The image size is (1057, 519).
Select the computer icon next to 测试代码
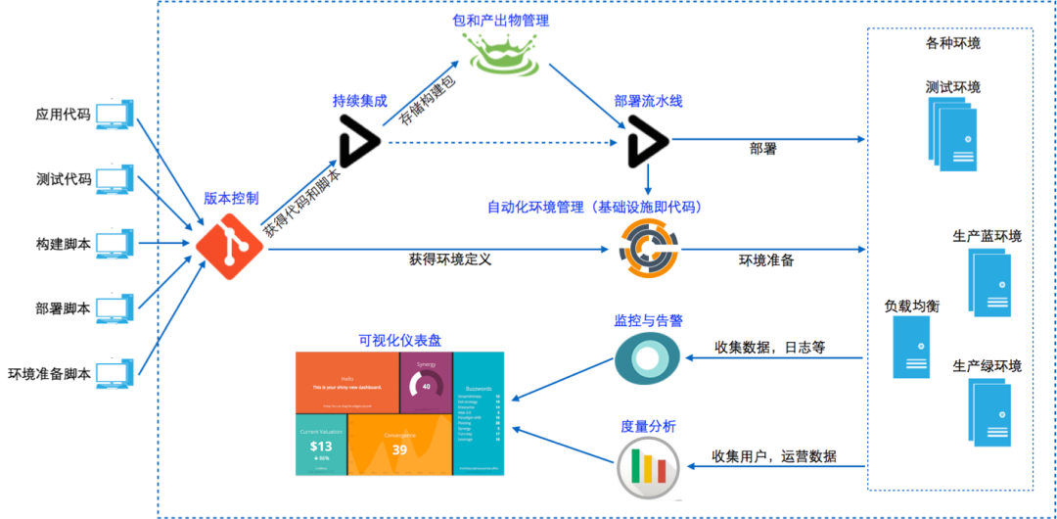tap(115, 180)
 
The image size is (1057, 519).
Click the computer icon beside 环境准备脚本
tap(115, 374)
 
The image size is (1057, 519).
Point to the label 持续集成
tap(359, 101)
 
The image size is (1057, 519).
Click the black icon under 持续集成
tap(358, 141)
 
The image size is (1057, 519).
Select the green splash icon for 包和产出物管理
tap(503, 55)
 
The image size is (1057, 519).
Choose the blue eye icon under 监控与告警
tap(647, 357)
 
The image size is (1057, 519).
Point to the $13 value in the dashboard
tap(321, 445)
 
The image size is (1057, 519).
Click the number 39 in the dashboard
tap(399, 449)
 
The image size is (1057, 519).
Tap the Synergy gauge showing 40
tap(426, 386)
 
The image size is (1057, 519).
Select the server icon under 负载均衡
tap(910, 348)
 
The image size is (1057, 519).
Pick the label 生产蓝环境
tap(987, 236)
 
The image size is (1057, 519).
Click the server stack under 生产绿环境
tap(988, 411)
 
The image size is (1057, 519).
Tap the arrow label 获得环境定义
tap(450, 260)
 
